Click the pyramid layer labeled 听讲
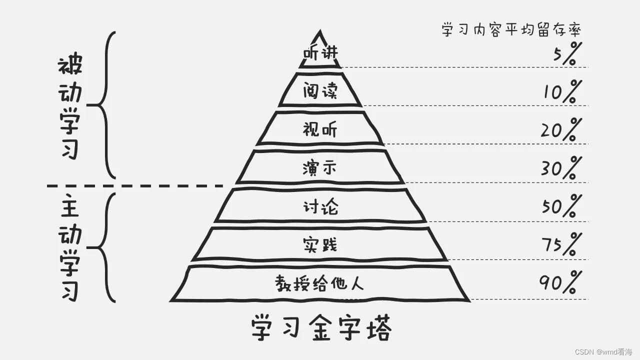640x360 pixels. tap(320, 53)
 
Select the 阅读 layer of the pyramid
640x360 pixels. tap(320, 91)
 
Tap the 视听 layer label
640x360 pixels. tap(320, 129)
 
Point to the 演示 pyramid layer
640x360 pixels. tap(320, 168)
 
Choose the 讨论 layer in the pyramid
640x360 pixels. tap(320, 206)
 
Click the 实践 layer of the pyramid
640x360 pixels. tap(320, 244)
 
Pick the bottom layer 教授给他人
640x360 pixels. tap(320, 283)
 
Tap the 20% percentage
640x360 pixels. tap(561, 130)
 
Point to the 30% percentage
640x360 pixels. tap(561, 168)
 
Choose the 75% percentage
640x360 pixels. tap(561, 245)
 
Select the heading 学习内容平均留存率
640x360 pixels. tap(511, 29)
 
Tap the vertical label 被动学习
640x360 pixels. tap(70, 107)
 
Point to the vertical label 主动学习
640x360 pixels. tap(70, 247)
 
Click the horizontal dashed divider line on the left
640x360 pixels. tap(135, 186)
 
